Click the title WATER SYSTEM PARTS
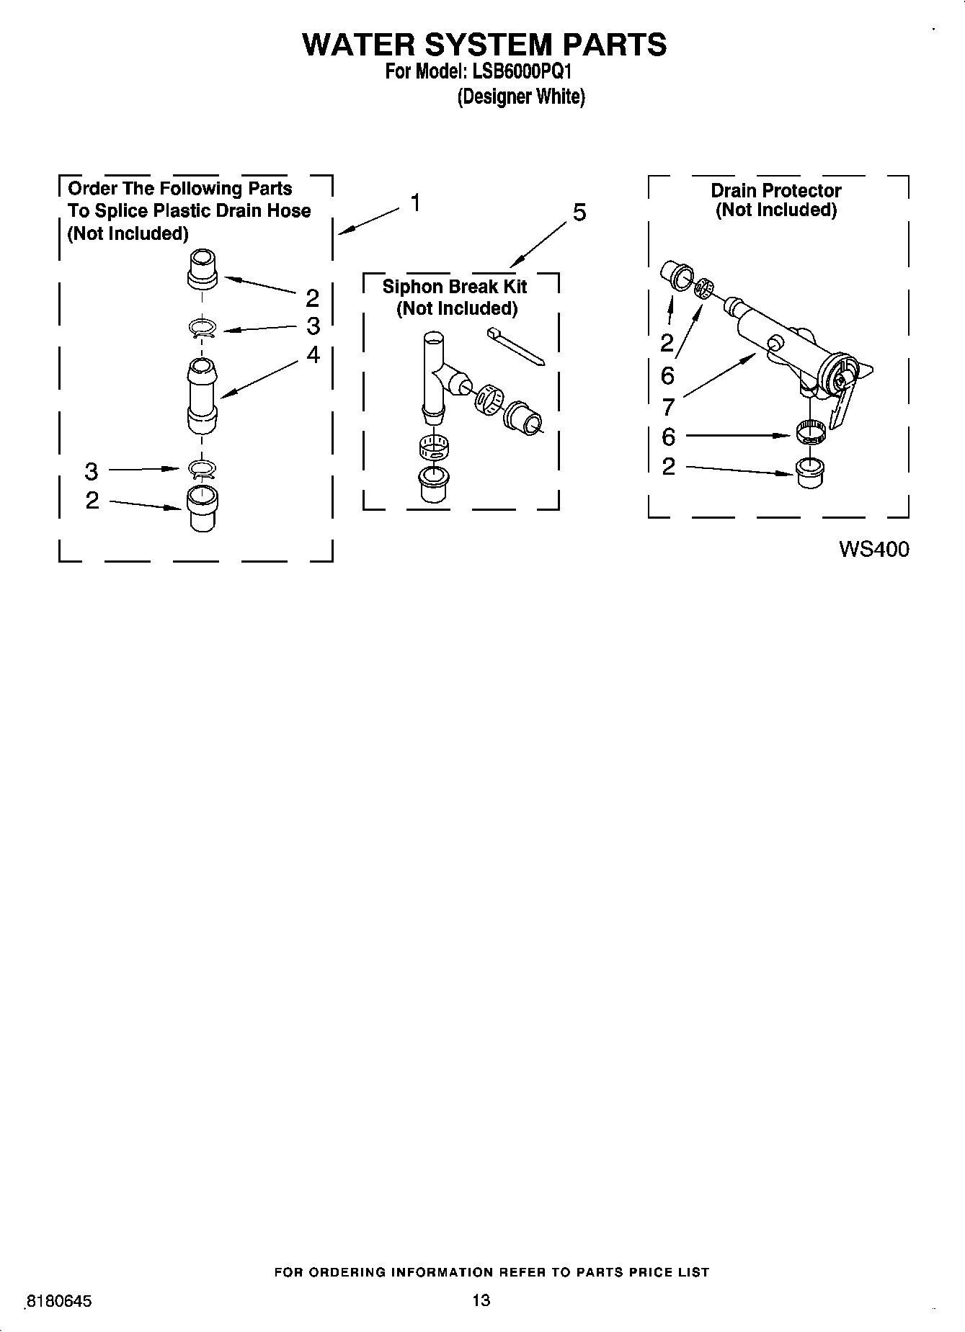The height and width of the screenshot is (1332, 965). tap(484, 45)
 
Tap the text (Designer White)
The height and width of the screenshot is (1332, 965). tap(521, 97)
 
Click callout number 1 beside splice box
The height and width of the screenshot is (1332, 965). tap(415, 203)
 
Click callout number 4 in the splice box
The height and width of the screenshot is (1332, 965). tap(313, 354)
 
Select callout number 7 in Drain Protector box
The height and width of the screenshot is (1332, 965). tap(668, 407)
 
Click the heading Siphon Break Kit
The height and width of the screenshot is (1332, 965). tap(454, 287)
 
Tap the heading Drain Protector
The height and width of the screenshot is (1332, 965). tap(775, 191)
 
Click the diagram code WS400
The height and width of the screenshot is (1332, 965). tap(873, 550)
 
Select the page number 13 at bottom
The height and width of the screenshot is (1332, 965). tap(481, 1300)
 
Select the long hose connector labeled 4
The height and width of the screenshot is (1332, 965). tap(202, 396)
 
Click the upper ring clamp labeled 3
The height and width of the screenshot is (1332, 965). tap(203, 328)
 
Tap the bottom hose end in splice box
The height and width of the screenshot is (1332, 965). tap(202, 509)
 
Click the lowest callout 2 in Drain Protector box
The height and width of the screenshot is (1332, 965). tap(668, 466)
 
